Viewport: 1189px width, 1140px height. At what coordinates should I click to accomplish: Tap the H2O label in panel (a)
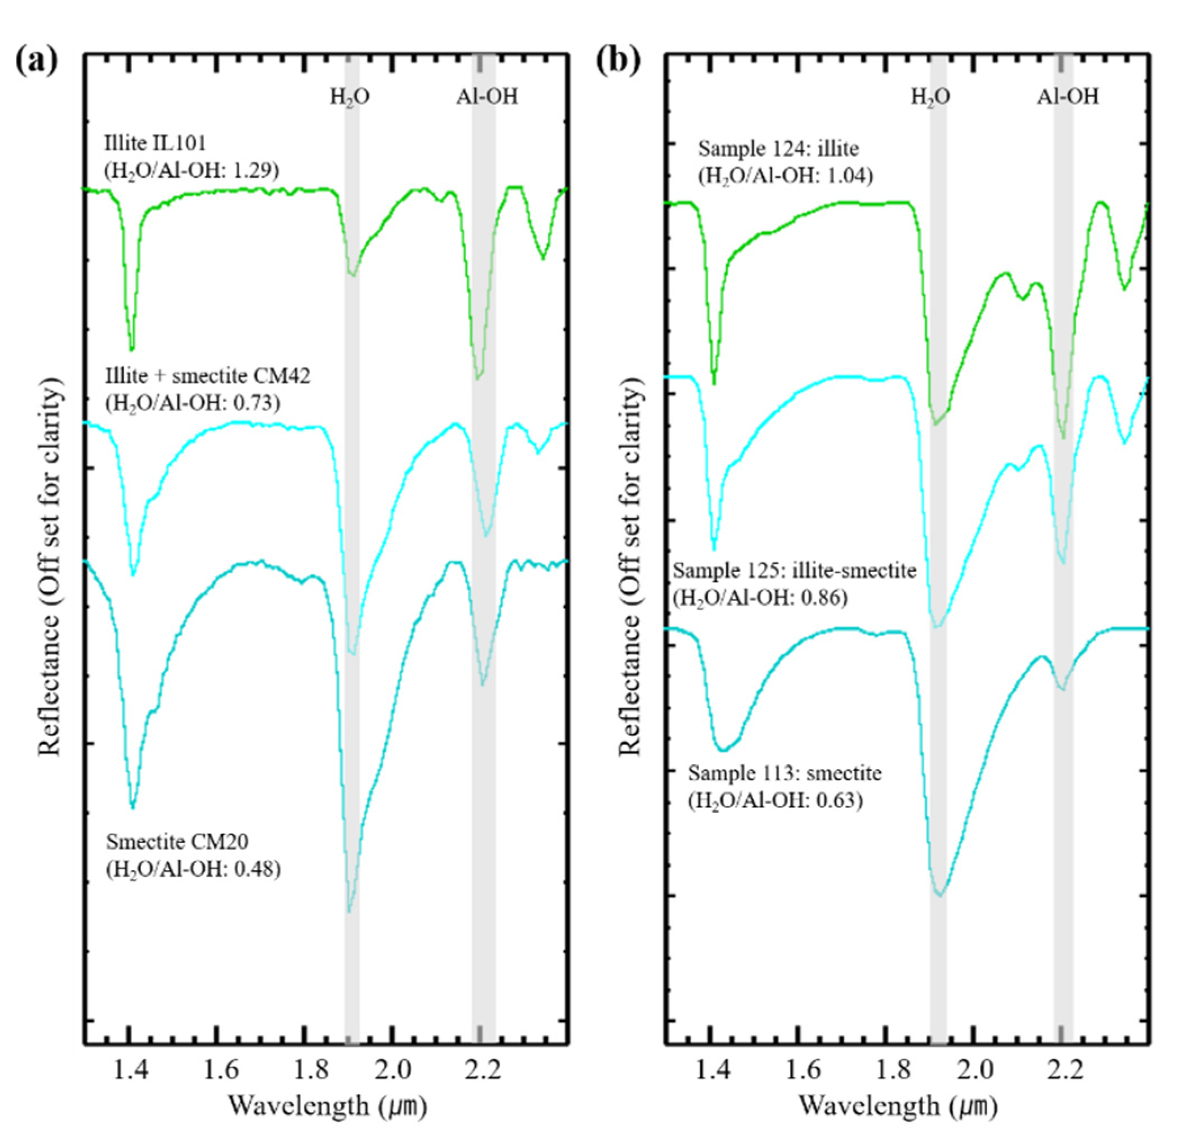350,97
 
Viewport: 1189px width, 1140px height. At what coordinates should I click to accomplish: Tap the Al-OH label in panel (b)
1068,97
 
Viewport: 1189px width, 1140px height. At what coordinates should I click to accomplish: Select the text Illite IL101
155,143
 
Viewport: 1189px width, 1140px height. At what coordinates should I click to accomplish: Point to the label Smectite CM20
177,841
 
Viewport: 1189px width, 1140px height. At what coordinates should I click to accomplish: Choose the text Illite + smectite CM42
208,376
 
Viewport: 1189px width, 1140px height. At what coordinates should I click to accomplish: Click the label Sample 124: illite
778,148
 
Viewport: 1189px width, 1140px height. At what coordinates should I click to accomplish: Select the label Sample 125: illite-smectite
795,571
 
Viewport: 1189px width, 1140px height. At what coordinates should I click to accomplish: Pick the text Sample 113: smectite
785,773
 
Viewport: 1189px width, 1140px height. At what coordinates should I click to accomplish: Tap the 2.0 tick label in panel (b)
974,1071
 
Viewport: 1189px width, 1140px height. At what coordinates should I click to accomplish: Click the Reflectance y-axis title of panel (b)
631,570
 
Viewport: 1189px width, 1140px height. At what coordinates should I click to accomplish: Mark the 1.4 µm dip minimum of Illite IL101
132,349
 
